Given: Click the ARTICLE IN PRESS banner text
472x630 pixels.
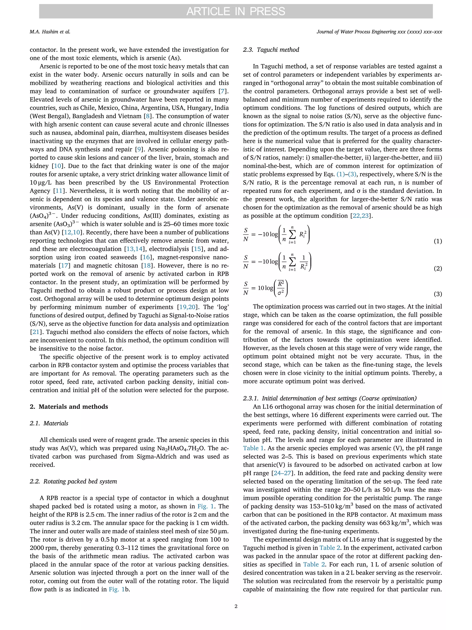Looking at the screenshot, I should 236,11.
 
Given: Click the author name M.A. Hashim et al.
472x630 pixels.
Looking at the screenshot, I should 50,32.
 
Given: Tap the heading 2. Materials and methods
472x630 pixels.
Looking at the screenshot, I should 69,406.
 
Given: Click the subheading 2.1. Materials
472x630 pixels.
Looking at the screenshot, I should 49,423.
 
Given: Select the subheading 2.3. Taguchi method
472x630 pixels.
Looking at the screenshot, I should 271,50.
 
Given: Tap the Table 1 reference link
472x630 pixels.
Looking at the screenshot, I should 253,448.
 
